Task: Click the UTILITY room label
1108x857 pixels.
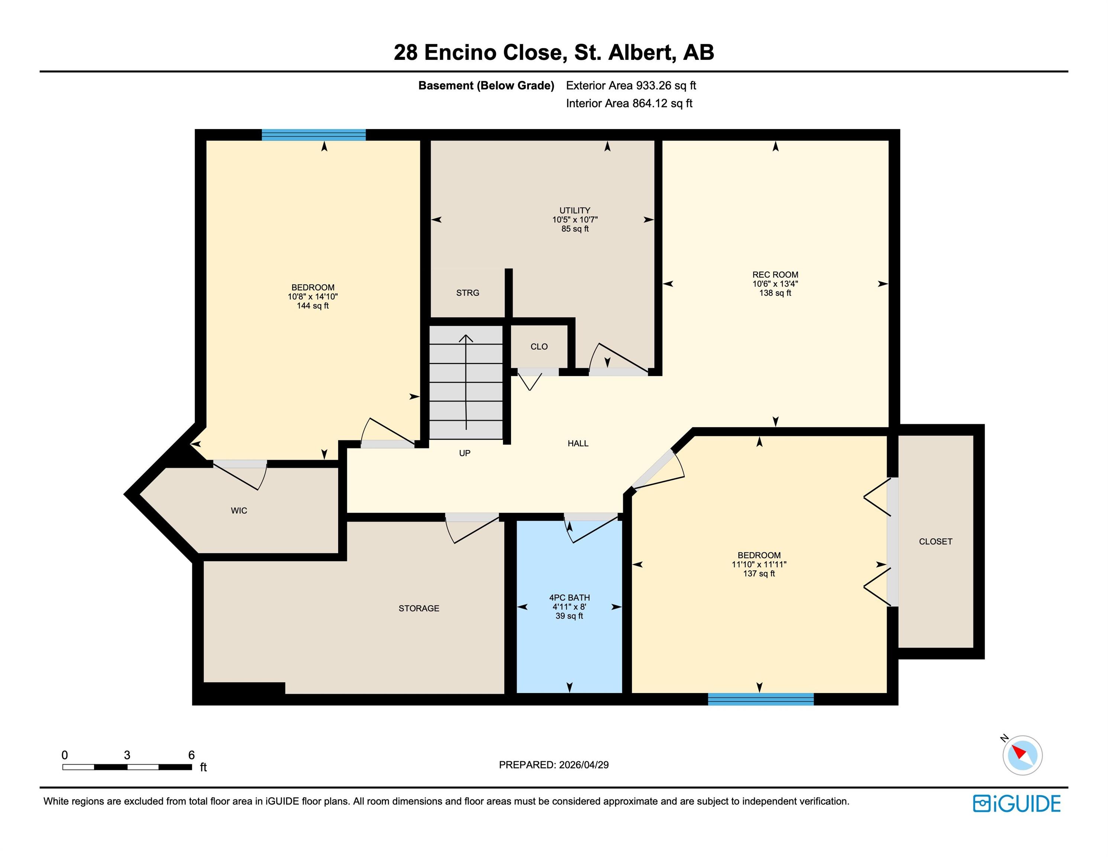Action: click(575, 210)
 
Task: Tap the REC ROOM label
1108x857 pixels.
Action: click(775, 275)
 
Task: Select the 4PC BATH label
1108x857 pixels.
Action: click(569, 598)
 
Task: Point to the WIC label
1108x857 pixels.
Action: click(239, 511)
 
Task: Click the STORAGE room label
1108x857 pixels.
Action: click(419, 608)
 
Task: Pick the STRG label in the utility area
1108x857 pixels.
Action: click(468, 293)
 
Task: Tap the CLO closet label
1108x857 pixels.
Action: click(539, 347)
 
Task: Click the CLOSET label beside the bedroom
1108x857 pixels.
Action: click(936, 542)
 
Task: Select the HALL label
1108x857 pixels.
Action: click(578, 444)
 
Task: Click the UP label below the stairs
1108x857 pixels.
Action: click(465, 453)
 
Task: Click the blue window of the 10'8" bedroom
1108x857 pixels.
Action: click(314, 135)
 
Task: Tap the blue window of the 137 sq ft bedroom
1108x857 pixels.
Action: click(761, 699)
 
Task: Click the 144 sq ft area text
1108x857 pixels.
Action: click(313, 306)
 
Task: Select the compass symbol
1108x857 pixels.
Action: click(1022, 755)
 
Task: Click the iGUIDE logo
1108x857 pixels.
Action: click(1017, 804)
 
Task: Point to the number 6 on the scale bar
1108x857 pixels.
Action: click(191, 755)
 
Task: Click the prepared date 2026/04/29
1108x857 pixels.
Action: click(584, 765)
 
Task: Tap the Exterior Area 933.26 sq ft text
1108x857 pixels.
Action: click(631, 86)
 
